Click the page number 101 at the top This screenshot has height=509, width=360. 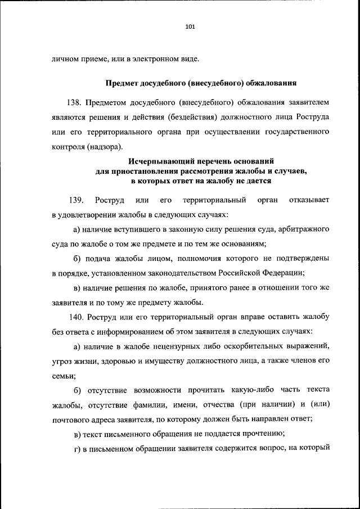(x=189, y=26)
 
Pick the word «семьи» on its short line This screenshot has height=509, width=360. (x=62, y=375)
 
